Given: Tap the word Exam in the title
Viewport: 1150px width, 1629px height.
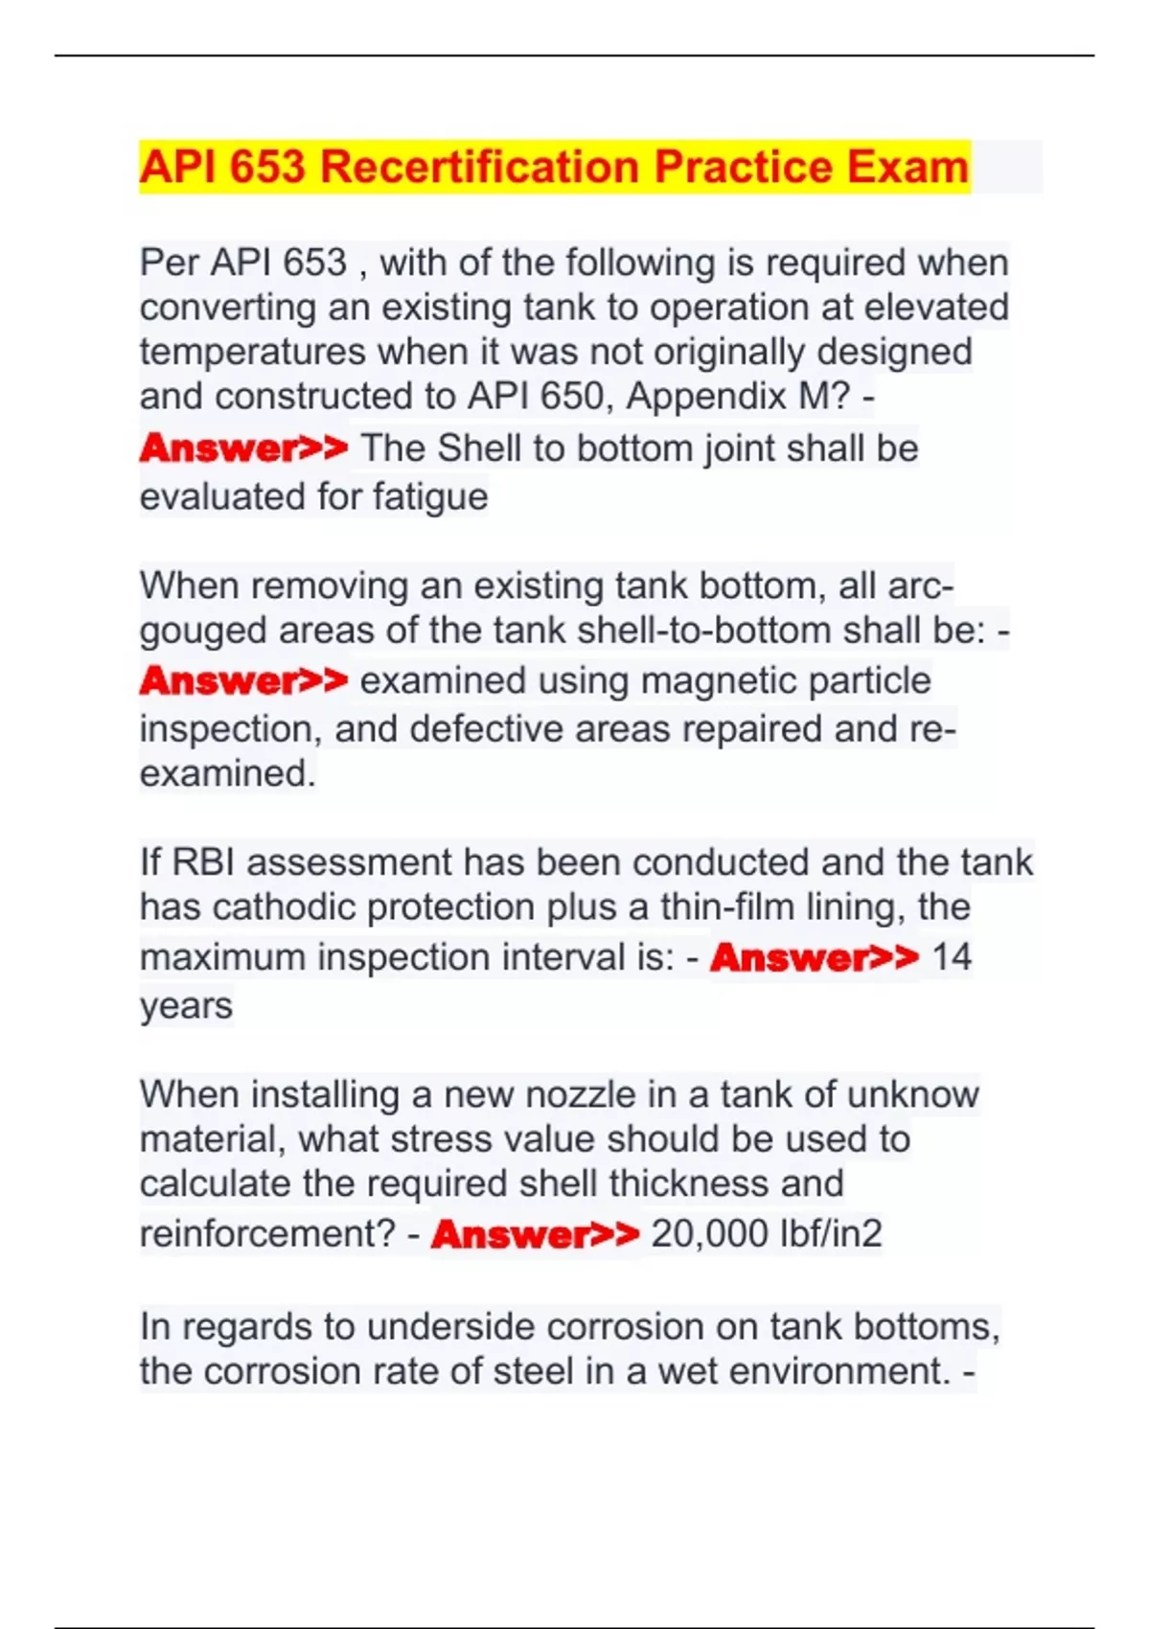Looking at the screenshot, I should (908, 167).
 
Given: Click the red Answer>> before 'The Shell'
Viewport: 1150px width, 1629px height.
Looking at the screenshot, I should (243, 447).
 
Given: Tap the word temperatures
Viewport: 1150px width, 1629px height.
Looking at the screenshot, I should (252, 352).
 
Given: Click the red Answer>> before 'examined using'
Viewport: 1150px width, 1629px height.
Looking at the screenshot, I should (243, 680).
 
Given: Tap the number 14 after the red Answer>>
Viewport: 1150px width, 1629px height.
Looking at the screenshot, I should (952, 956).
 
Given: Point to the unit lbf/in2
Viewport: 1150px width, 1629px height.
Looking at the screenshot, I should (831, 1233).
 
